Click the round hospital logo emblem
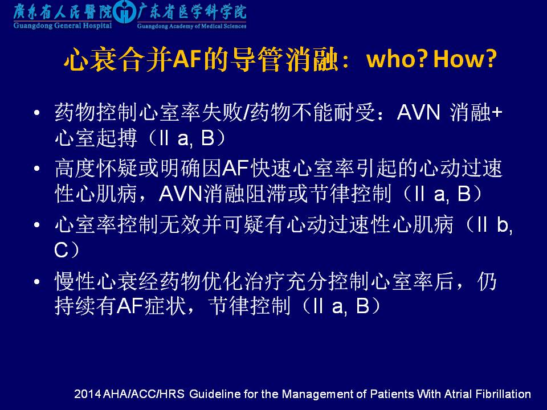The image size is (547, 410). tap(124, 13)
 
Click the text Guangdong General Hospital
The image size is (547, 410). tap(63, 26)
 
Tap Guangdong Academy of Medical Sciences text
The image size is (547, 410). tap(191, 26)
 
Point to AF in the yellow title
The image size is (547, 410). tap(187, 59)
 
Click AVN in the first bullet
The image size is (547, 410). tap(419, 112)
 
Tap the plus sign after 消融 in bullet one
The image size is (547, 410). tap(496, 113)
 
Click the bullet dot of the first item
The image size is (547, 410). tap(36, 113)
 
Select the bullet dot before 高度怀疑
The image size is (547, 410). tap(36, 169)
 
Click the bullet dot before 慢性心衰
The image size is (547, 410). tap(36, 281)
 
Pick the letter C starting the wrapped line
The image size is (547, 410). tap(62, 249)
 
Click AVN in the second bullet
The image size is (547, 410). tap(181, 194)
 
